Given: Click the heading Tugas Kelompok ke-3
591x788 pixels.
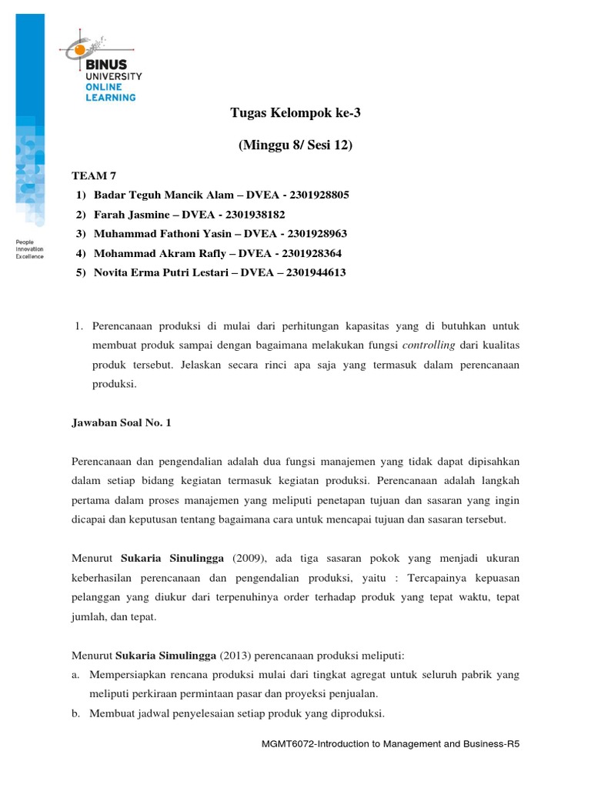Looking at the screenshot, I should click(295, 114).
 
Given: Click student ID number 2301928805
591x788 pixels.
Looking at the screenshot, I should click(316, 195).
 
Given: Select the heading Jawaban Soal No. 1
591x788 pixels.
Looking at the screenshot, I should click(121, 422).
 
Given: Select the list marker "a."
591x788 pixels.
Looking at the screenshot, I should click(75, 674).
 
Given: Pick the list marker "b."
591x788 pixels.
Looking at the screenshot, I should click(75, 713).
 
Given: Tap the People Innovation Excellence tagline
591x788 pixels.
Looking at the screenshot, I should click(30, 249).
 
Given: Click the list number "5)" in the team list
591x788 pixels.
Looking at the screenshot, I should click(82, 272).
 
